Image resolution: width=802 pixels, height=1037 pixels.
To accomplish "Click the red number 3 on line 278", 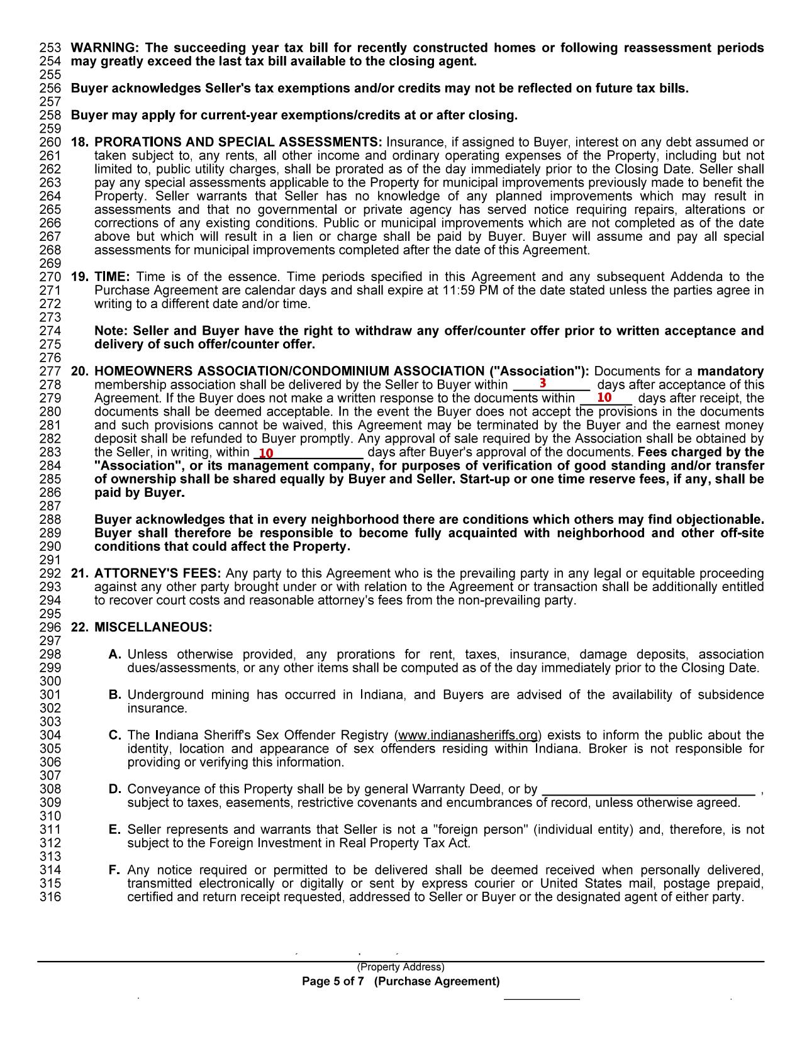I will (x=542, y=382).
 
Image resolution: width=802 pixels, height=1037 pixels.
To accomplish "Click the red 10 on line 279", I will (x=604, y=397).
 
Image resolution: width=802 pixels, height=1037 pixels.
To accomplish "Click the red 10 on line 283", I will (x=266, y=453).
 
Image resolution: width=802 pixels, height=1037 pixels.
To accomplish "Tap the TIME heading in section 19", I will (x=112, y=277).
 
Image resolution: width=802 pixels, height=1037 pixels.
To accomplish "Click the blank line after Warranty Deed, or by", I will (x=648, y=790).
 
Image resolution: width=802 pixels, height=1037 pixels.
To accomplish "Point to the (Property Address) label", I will (x=401, y=967).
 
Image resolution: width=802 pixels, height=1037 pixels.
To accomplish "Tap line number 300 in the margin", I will (x=50, y=681).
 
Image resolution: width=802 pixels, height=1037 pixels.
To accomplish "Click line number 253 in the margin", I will (x=50, y=48).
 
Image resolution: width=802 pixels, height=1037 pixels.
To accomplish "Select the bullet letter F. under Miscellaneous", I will (x=114, y=870).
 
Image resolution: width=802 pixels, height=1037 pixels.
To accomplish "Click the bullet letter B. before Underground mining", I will (x=114, y=695).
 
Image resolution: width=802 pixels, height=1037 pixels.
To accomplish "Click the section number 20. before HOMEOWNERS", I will (x=79, y=371).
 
